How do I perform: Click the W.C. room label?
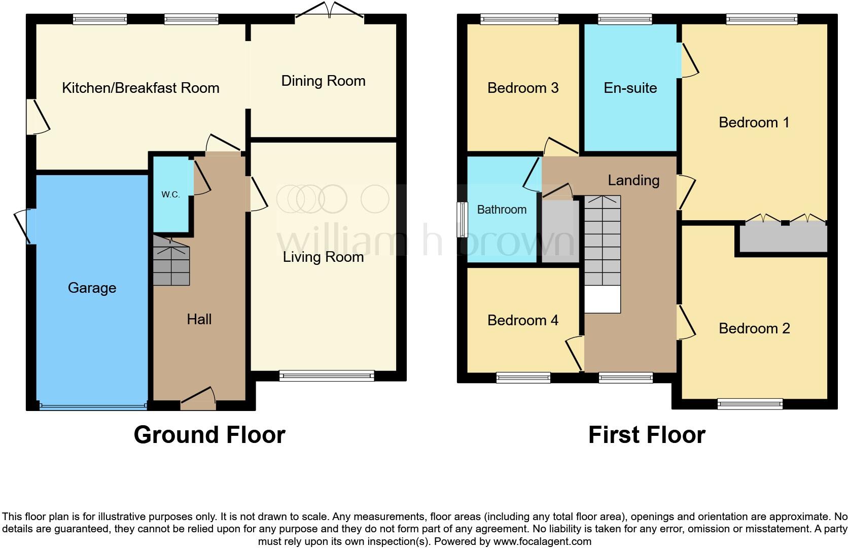coord(170,195)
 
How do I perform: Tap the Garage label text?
coord(92,288)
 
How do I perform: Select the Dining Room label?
coord(323,81)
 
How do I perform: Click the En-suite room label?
coord(630,88)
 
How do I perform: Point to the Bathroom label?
coord(502,210)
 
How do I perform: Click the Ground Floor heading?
coord(209,435)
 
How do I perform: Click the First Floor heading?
coord(647,435)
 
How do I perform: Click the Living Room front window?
coord(327,376)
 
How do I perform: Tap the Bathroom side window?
coord(462,220)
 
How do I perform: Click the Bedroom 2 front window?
coord(750,404)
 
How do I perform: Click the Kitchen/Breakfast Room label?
coord(140,88)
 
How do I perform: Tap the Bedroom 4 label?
coord(522,321)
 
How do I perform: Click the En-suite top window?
coord(625,20)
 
